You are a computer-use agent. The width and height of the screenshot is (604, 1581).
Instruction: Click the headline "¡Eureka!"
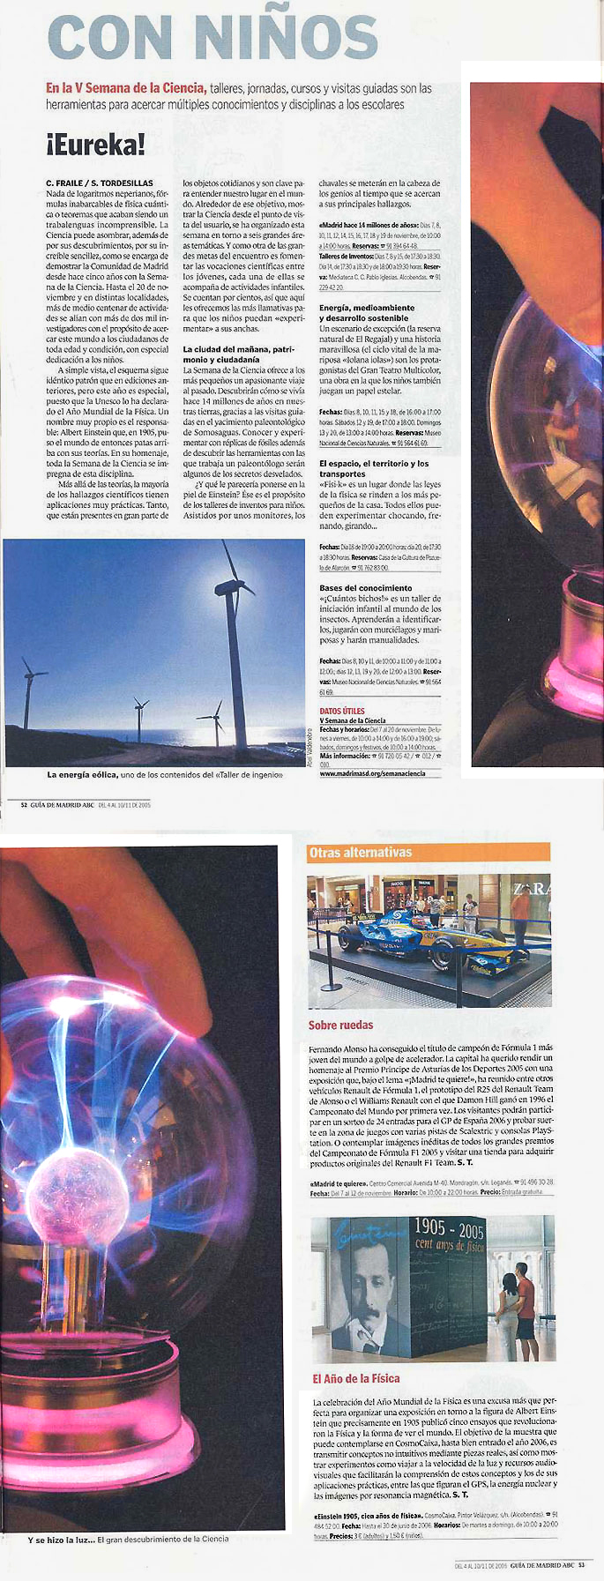[x=95, y=145]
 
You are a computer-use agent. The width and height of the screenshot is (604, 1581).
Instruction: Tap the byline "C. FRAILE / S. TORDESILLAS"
[x=100, y=183]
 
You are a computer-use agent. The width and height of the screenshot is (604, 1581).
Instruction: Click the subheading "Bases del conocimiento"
[x=365, y=588]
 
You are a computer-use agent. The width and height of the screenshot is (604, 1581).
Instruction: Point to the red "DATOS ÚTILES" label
[x=342, y=711]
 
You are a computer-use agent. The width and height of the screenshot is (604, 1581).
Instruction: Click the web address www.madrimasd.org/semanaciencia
[x=372, y=773]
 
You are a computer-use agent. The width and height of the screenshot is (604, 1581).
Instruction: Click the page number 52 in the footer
[x=24, y=804]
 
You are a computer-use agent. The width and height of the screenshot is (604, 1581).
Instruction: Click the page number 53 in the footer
[x=581, y=1565]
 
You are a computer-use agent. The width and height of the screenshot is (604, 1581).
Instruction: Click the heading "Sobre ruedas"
[x=340, y=1025]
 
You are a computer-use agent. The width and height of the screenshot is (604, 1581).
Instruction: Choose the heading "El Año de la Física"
[x=355, y=1378]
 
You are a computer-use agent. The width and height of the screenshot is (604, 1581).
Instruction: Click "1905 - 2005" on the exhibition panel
[x=449, y=1228]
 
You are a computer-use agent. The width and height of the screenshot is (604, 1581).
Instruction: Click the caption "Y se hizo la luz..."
[x=61, y=1539]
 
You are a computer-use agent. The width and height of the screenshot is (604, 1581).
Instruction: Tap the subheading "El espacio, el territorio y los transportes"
[x=374, y=468]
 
